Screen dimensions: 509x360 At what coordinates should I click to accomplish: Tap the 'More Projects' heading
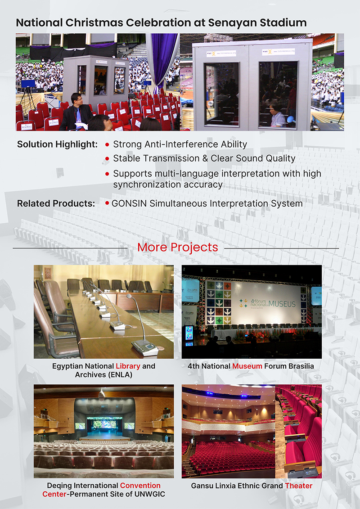point(177,247)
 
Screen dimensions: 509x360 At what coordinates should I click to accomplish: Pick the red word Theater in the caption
point(298,486)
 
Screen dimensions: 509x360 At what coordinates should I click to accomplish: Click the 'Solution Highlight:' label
point(57,144)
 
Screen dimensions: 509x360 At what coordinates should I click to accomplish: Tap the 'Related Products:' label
point(56,203)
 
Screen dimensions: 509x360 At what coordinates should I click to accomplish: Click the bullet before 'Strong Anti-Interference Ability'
point(107,145)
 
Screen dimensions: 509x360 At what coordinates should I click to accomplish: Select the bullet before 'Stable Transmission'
point(107,159)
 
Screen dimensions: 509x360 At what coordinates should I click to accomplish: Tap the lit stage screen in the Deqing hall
point(104,423)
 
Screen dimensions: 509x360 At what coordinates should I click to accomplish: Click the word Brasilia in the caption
point(299,366)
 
